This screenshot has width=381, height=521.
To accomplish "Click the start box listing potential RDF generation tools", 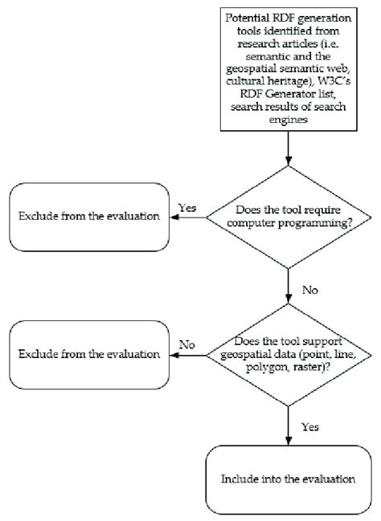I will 287,66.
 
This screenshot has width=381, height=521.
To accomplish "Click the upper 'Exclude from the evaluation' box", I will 88,216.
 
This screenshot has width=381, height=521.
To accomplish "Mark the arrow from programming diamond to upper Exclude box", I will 188,217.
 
